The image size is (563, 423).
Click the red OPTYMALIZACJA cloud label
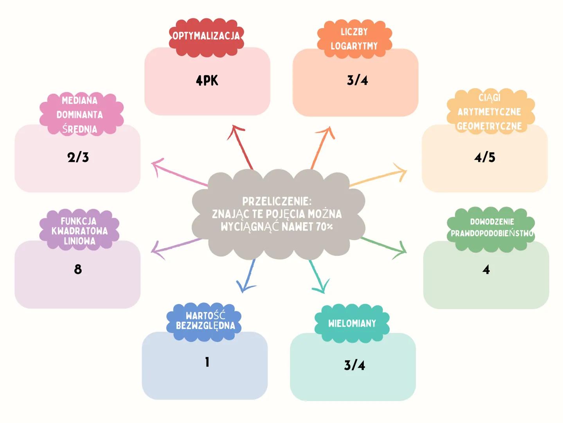[x=206, y=36]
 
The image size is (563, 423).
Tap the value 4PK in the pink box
[x=207, y=81]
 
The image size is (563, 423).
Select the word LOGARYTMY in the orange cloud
[x=354, y=46]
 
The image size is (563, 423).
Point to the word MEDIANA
[x=79, y=101]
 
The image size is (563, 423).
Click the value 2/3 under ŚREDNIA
[x=78, y=157]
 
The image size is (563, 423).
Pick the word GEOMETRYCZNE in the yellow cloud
[x=489, y=126]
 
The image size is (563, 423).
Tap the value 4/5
[x=484, y=157]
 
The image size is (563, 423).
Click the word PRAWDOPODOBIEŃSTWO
[x=492, y=234]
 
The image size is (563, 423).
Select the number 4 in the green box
[x=486, y=269]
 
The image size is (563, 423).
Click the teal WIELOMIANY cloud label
[x=352, y=324]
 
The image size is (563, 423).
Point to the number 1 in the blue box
[x=207, y=362]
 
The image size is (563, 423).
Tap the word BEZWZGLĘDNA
[x=205, y=326]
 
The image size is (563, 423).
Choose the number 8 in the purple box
[x=78, y=269]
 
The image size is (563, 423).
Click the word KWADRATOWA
[x=79, y=231]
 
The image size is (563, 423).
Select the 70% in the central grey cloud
[x=324, y=226]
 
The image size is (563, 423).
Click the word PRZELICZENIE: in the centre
[x=277, y=201]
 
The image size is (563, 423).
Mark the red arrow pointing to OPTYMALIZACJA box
[x=242, y=146]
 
